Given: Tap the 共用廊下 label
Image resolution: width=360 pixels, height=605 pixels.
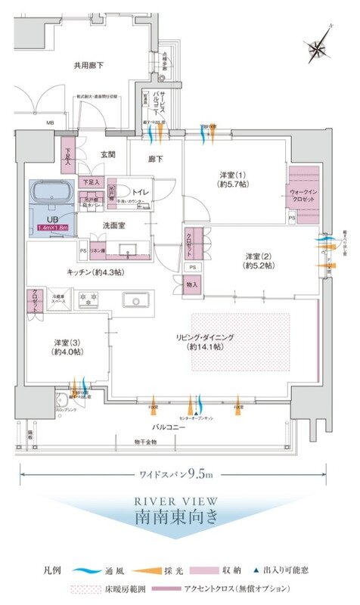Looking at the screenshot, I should (x=88, y=66).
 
